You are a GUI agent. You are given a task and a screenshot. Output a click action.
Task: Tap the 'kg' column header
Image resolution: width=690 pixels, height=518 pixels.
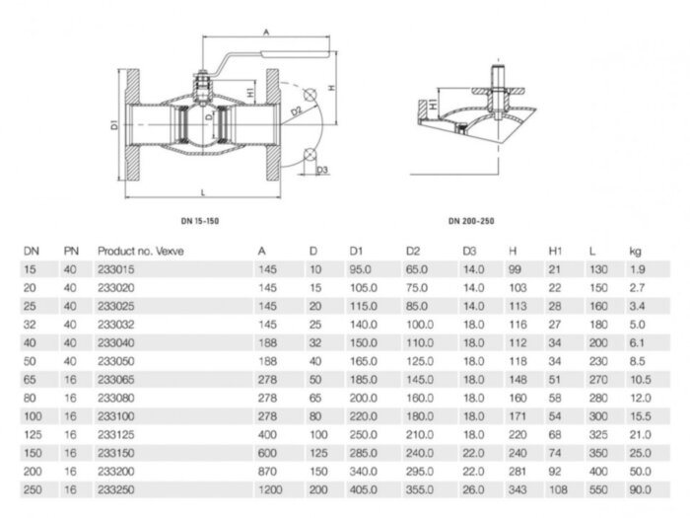click(635, 251)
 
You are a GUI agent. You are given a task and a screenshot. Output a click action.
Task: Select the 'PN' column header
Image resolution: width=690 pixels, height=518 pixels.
click(70, 251)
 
